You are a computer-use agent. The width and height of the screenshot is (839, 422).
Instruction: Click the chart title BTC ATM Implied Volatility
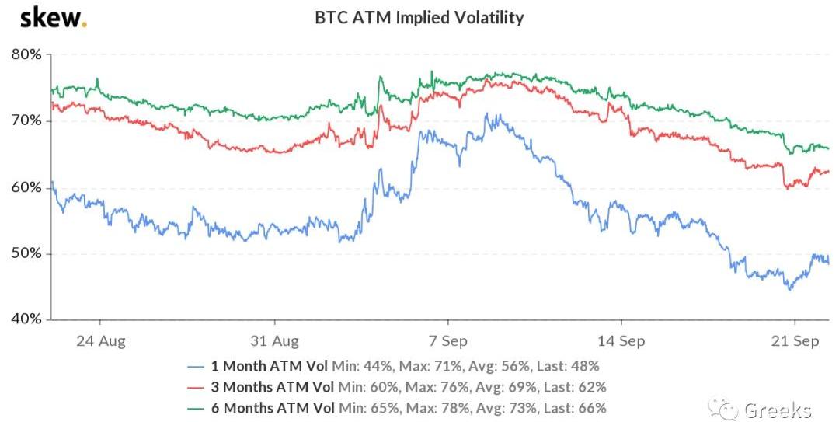(419, 17)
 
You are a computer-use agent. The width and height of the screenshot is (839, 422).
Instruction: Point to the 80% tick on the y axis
(26, 54)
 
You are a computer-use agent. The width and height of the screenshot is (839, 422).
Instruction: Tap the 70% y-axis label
(26, 121)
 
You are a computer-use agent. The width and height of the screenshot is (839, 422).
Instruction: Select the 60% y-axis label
(26, 187)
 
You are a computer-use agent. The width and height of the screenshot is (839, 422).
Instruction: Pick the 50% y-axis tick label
(26, 253)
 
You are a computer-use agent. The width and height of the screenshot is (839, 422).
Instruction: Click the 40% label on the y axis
(26, 319)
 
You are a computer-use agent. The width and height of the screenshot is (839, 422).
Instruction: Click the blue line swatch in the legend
(198, 365)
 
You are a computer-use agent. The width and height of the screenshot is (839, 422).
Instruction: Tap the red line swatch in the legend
(198, 386)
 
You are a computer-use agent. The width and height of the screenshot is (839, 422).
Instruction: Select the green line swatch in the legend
(198, 407)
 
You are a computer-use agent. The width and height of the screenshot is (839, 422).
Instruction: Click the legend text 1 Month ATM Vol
(270, 365)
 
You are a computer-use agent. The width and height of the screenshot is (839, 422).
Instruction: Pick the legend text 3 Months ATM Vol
(273, 386)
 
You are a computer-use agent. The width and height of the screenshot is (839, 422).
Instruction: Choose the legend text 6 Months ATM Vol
(273, 407)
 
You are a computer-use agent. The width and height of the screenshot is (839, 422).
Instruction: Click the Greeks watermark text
(778, 410)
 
